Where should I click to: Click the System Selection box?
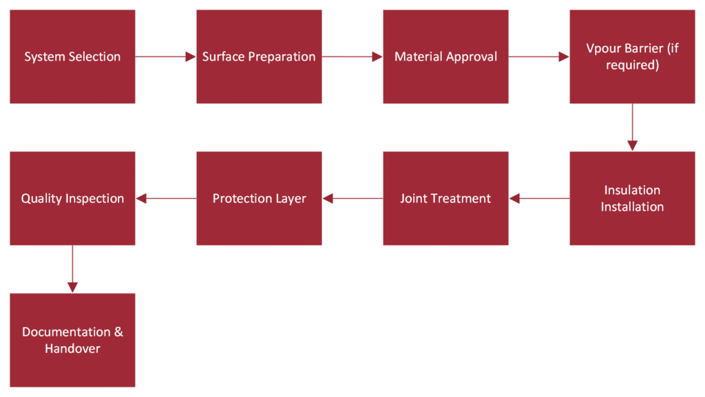(72, 56)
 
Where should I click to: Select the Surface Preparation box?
(259, 56)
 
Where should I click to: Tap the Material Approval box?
(445, 56)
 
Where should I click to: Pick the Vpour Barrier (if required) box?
(632, 56)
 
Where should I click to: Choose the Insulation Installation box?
(632, 198)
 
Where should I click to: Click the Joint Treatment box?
(445, 198)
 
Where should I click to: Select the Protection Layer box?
(259, 198)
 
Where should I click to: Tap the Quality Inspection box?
(72, 198)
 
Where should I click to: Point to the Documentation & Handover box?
(72, 340)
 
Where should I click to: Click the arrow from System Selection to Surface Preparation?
(166, 56)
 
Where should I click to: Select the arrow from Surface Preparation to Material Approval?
(352, 56)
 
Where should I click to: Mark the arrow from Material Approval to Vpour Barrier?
(539, 56)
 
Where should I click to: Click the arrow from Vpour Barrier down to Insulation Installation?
(632, 127)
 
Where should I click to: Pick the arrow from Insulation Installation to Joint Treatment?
(539, 198)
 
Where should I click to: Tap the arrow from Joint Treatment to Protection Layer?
(352, 198)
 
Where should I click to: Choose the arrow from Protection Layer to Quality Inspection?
(166, 198)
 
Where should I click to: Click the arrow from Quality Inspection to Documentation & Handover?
(72, 270)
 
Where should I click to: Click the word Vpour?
(602, 48)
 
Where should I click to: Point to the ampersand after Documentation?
(118, 332)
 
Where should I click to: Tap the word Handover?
(72, 349)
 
